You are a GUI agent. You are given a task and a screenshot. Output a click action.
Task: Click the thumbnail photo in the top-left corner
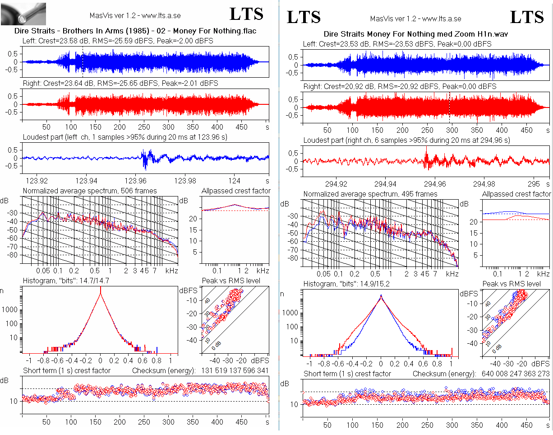pyautogui.click(x=23, y=14)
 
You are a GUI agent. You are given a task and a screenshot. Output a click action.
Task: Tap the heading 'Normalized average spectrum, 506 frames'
pyautogui.click(x=90, y=191)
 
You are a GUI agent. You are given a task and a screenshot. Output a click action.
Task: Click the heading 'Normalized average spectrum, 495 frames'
pyautogui.click(x=370, y=194)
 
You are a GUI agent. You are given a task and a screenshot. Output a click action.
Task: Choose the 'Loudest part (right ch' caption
pyautogui.click(x=336, y=140)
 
